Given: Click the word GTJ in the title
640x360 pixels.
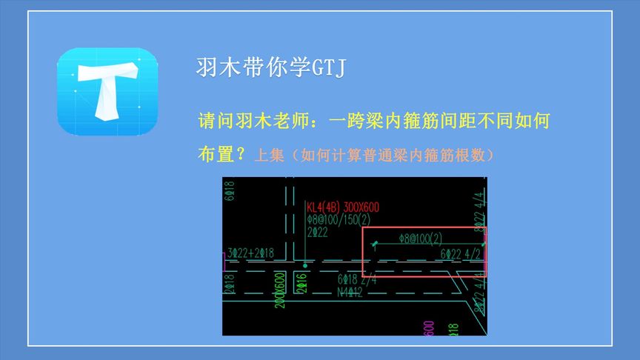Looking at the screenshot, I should point(328,69).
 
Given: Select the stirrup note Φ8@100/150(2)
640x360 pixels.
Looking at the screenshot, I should point(339,220).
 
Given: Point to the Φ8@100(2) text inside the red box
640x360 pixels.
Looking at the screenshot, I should point(420,239).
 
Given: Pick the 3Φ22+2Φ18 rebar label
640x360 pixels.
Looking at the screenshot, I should point(251,253).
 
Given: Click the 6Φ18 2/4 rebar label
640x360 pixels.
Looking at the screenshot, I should point(357,279).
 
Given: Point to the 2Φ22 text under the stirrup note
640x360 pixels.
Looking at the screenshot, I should point(317,233).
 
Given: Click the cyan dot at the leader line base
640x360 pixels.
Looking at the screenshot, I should point(304,264).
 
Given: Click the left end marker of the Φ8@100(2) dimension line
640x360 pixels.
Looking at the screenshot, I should point(376,244).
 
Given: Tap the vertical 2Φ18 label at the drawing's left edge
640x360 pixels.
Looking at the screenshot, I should point(229,284).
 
